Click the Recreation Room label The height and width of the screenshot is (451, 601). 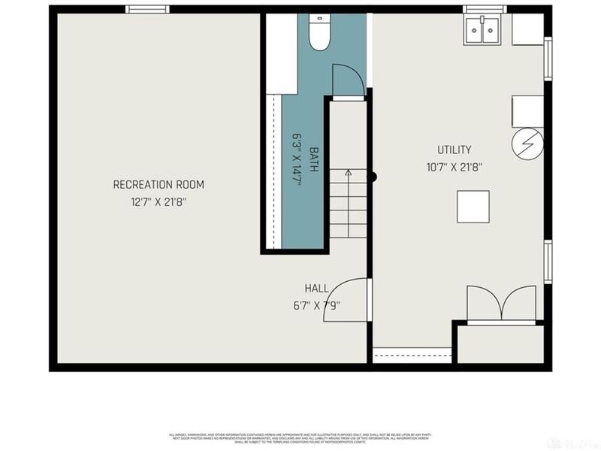tap(159, 185)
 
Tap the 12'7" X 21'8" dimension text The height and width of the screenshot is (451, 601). tap(159, 201)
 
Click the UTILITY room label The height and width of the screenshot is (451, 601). tap(455, 150)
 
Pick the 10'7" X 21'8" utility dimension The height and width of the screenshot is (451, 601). tap(455, 168)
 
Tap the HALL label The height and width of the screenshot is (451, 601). tap(316, 289)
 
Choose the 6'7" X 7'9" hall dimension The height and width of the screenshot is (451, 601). tap(316, 305)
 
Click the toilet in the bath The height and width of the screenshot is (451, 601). tap(319, 33)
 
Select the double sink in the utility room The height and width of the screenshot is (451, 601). tap(482, 31)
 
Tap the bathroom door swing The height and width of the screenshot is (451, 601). tap(347, 80)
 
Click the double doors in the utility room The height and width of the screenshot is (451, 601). tap(501, 305)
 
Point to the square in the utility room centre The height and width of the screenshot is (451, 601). tap(473, 207)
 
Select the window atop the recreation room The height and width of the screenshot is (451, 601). tap(146, 9)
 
